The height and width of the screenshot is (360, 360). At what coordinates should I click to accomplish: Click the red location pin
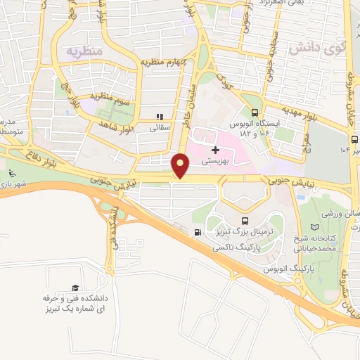tap(181, 165)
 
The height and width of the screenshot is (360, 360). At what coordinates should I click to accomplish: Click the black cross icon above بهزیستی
tap(215, 150)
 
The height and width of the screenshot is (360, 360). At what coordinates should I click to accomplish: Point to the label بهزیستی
tap(216, 162)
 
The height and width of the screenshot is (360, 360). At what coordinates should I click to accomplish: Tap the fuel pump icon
tap(198, 233)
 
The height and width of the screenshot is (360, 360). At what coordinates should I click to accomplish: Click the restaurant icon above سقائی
tap(160, 117)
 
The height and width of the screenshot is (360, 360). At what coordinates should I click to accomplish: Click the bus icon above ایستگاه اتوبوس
tap(254, 112)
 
